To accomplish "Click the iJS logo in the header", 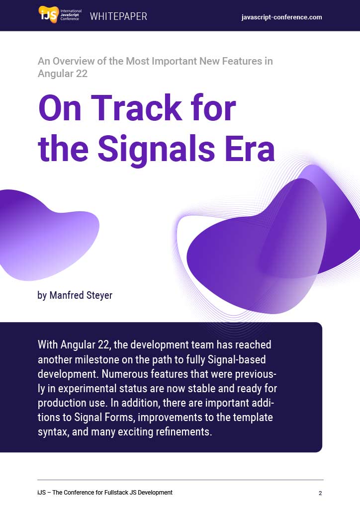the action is point(60,14).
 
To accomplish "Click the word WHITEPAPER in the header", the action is point(118,16).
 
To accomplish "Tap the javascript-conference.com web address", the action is point(282,17).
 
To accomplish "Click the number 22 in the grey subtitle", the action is point(82,74).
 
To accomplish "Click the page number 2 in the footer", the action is point(320,493).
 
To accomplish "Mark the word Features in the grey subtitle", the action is point(242,61).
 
